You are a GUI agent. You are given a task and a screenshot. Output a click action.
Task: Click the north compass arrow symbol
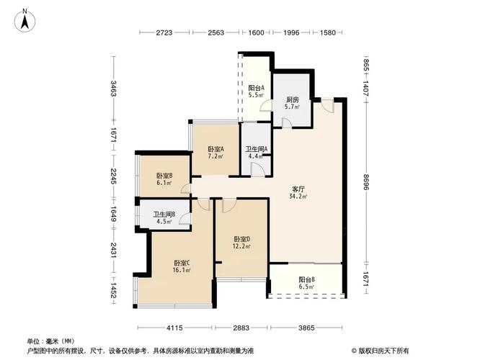click(25, 18)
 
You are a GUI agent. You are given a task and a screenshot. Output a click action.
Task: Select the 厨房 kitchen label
click(292, 99)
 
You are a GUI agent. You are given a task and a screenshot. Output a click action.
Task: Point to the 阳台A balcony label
click(256, 87)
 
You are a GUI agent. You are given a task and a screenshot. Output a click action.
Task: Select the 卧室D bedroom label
click(242, 238)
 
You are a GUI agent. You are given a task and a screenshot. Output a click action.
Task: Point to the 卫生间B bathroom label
click(165, 214)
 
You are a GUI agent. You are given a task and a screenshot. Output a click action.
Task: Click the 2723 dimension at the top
click(166, 33)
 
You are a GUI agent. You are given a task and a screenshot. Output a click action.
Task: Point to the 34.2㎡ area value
click(298, 196)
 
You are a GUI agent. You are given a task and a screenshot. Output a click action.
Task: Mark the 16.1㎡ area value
click(182, 271)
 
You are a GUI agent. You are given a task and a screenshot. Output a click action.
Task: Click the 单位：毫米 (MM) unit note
click(50, 341)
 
